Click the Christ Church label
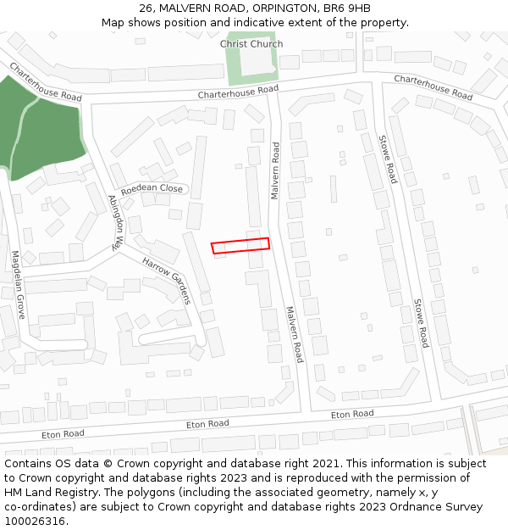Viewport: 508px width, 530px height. click(251, 44)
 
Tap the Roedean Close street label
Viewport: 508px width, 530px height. click(152, 189)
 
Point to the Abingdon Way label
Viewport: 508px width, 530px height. click(115, 222)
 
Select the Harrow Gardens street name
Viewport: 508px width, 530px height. click(167, 280)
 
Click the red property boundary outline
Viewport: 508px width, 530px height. click(240, 245)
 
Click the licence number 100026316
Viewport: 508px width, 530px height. click(33, 522)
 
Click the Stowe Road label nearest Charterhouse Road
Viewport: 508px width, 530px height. click(387, 159)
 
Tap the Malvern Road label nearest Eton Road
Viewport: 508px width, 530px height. click(294, 334)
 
